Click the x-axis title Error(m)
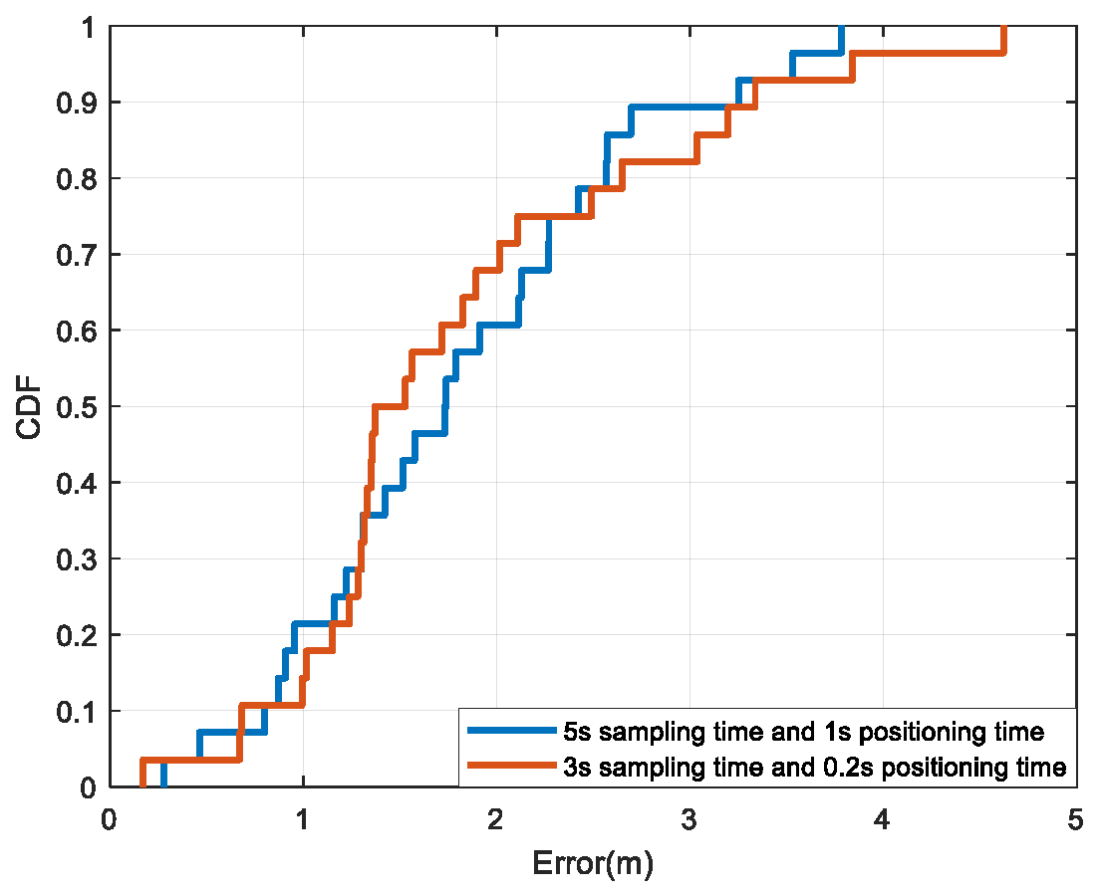pyautogui.click(x=593, y=862)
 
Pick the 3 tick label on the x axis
pyautogui.click(x=689, y=818)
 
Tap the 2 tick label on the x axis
pyautogui.click(x=495, y=818)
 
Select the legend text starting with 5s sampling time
pyautogui.click(x=803, y=732)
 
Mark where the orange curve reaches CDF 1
pyautogui.click(x=1003, y=28)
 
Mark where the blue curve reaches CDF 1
pyautogui.click(x=841, y=28)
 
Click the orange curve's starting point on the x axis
pyautogui.click(x=142, y=785)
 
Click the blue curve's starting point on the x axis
pyautogui.click(x=163, y=785)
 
